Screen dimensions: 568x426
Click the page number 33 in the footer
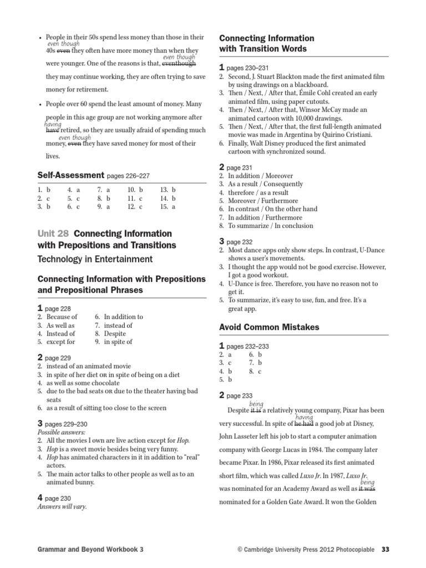[386, 549]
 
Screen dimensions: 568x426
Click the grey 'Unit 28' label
[53, 234]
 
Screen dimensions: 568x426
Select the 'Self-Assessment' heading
[70, 175]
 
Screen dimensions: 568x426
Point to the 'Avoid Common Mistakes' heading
[269, 327]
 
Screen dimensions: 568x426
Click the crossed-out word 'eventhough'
[179, 63]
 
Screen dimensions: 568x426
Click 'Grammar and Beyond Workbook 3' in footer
[90, 549]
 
